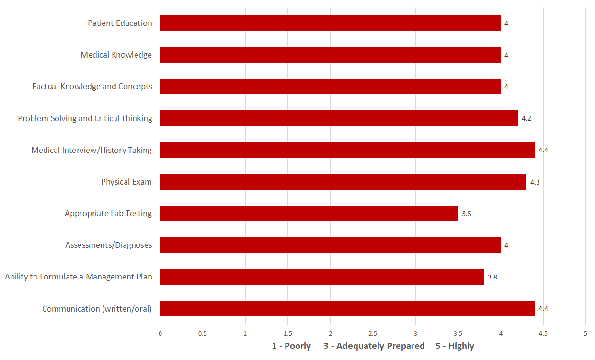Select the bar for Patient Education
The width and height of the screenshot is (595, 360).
[x=330, y=23]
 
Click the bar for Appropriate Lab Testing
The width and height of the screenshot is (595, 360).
[x=309, y=213]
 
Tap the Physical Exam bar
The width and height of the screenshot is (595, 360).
[x=343, y=182]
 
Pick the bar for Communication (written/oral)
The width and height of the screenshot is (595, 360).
[x=347, y=309]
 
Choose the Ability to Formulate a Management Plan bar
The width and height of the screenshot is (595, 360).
[x=322, y=277]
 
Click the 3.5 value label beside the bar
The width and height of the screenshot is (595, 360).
[x=467, y=214]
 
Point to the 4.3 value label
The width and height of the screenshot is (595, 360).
[x=535, y=182]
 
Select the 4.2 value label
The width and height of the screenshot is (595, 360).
[x=526, y=118]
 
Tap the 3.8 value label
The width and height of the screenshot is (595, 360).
[x=492, y=277]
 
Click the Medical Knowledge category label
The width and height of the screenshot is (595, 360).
[x=116, y=55]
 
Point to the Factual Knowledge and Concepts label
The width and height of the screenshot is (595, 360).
[x=92, y=87]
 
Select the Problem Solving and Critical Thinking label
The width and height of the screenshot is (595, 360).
[x=85, y=118]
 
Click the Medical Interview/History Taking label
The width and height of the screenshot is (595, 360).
[x=92, y=150]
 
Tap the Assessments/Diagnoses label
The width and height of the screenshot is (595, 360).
[x=109, y=245]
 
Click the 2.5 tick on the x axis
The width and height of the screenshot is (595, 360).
[x=373, y=333]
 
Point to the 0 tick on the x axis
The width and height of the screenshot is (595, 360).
[x=160, y=333]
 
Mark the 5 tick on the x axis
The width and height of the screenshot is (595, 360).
[x=585, y=333]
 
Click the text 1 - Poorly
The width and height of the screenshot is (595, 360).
[x=291, y=346]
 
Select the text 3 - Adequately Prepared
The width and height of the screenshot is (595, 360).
[x=374, y=346]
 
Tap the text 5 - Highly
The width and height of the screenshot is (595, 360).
[x=455, y=346]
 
